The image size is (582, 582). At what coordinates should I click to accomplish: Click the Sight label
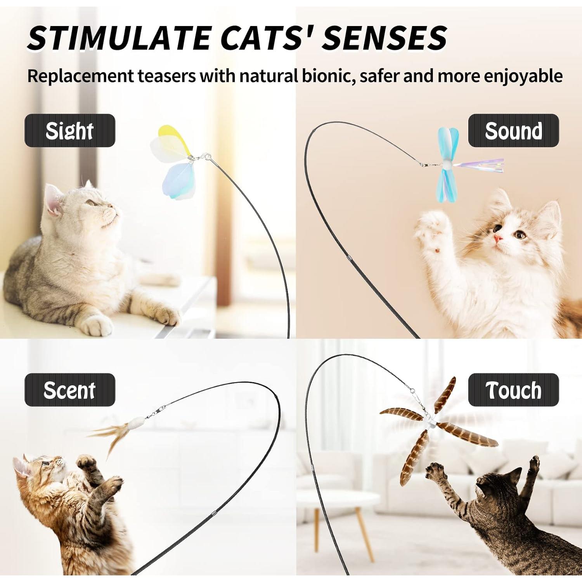click(70, 131)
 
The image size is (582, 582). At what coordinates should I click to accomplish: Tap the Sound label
click(513, 131)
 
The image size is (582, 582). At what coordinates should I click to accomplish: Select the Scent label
click(70, 390)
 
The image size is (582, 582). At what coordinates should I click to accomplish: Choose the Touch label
click(513, 390)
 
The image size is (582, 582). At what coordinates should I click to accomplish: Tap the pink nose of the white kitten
click(498, 238)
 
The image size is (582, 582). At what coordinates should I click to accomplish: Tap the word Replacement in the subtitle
click(80, 76)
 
